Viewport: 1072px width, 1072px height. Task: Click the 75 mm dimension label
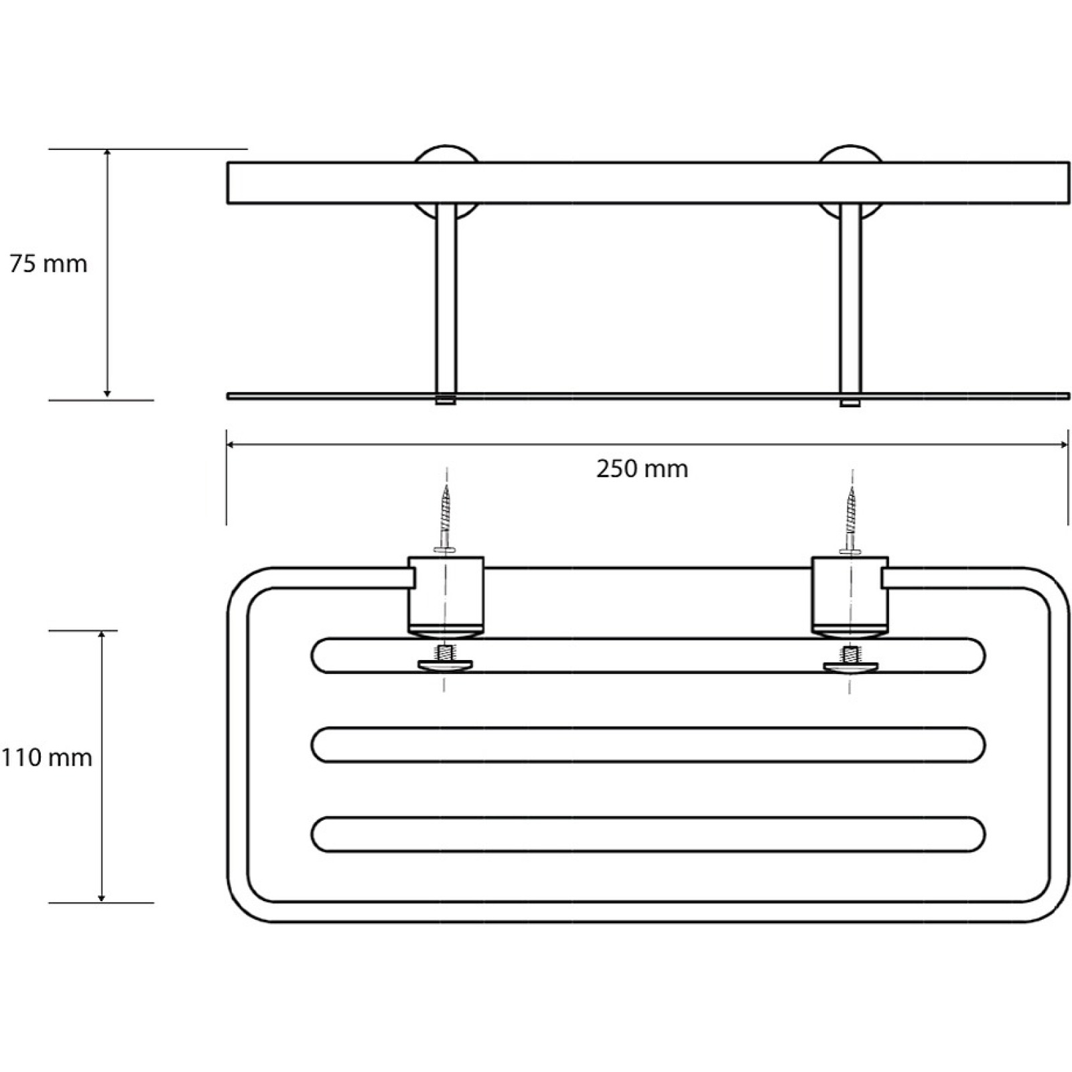48,264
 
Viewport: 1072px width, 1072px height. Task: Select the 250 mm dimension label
643,469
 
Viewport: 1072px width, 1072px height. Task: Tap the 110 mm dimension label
46,758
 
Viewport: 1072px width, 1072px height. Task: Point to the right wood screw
851,520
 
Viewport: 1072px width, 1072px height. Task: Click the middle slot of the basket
648,744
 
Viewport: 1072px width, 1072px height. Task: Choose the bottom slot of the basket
648,834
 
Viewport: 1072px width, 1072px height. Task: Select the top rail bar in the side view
648,182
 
